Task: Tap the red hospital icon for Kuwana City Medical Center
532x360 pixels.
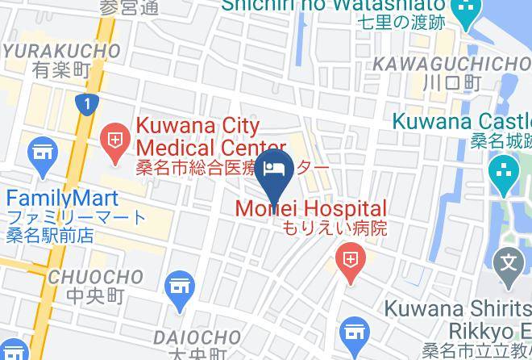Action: [115, 138]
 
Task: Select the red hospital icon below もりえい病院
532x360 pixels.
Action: [351, 260]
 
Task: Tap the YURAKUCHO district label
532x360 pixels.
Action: [61, 51]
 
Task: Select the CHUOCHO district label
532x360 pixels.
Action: [85, 278]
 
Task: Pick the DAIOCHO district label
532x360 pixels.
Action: [197, 336]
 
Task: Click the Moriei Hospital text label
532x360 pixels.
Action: [311, 208]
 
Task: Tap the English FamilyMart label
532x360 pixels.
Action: [63, 198]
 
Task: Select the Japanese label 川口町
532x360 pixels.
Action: [451, 82]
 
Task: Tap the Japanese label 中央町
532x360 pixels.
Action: [85, 297]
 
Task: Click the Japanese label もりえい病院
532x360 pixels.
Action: [334, 228]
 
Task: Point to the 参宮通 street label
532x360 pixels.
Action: [130, 7]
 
